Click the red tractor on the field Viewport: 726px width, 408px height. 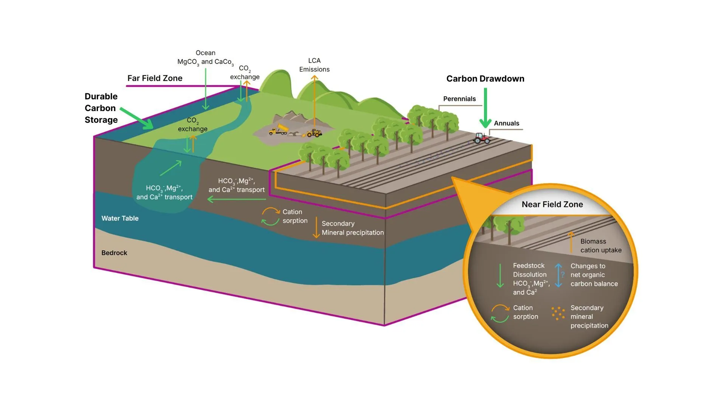click(x=481, y=138)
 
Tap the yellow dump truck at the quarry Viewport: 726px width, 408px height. click(x=278, y=130)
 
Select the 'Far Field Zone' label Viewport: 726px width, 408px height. click(x=155, y=78)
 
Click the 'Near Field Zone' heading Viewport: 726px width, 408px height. click(x=552, y=204)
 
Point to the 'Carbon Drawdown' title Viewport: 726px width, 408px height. click(x=485, y=79)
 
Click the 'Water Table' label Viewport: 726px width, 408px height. click(x=120, y=218)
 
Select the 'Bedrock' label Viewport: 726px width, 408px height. click(x=114, y=253)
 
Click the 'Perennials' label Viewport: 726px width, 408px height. click(x=459, y=99)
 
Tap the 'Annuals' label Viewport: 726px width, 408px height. click(x=506, y=123)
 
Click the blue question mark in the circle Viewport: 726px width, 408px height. click(x=563, y=275)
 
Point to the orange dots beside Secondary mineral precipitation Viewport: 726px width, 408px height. click(x=558, y=313)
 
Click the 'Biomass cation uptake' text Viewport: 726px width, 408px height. click(x=600, y=246)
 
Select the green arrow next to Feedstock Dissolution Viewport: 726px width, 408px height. click(x=500, y=276)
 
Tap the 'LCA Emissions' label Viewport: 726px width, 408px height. click(x=314, y=65)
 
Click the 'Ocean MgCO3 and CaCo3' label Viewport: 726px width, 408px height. click(x=205, y=57)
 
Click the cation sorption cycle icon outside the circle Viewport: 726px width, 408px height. click(x=271, y=216)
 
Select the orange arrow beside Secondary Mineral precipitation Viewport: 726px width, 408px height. click(x=316, y=227)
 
